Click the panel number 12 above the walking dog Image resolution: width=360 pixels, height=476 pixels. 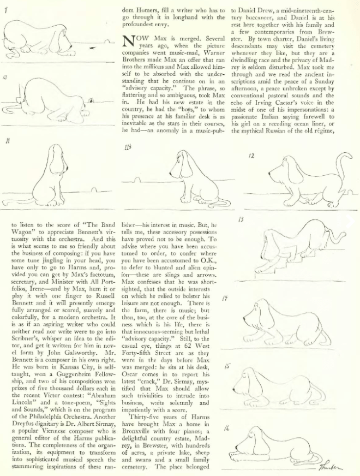click(251, 156)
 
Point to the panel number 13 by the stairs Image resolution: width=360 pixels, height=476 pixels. click(241, 219)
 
